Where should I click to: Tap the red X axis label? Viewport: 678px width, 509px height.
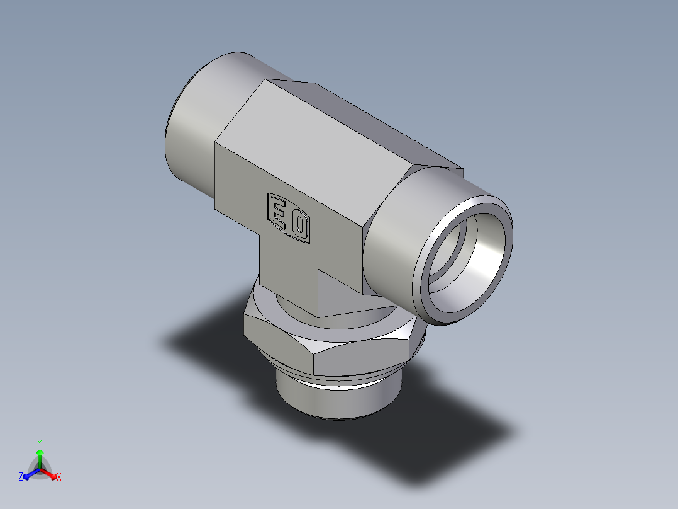[x=58, y=478]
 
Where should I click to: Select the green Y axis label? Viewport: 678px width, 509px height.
[x=39, y=443]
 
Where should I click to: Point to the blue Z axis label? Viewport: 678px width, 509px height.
[x=21, y=478]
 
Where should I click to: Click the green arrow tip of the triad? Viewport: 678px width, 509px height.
[x=40, y=454]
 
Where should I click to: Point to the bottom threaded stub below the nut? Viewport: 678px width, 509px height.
[x=333, y=400]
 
